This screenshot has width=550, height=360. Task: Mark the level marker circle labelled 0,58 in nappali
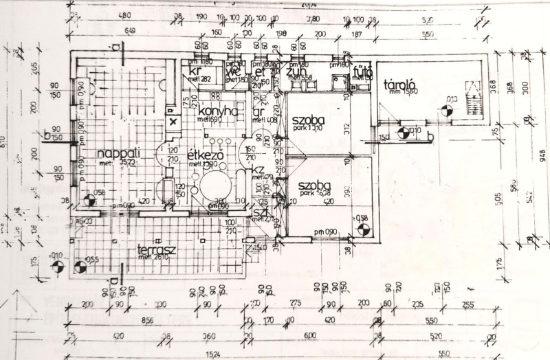pyautogui.click(x=89, y=201)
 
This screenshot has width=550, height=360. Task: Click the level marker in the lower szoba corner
pyautogui.click(x=358, y=229)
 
